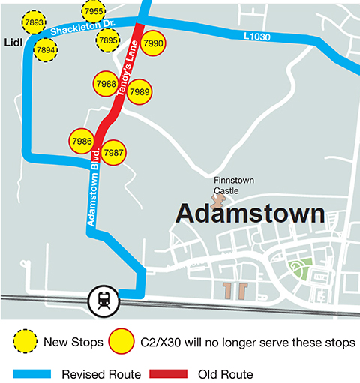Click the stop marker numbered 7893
34,23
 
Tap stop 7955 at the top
94,12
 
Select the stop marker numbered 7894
45,50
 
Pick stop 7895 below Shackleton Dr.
108,40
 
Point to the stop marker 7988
106,84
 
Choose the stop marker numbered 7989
139,92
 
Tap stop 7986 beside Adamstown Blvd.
81,141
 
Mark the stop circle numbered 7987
113,152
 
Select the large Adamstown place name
250,214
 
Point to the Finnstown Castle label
236,185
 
